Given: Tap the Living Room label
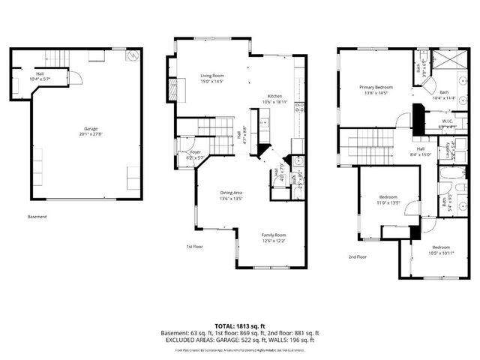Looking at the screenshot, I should click(x=212, y=76).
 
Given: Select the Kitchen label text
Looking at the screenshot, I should click(x=275, y=95).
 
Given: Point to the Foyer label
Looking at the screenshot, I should click(x=195, y=152).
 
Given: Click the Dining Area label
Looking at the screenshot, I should click(x=231, y=193).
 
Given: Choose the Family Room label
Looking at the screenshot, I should click(x=273, y=235).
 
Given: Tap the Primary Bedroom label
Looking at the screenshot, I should click(x=376, y=88).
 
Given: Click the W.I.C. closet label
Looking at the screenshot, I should click(x=447, y=121).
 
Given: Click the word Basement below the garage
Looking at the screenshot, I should click(x=37, y=217).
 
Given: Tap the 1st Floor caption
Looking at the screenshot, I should click(x=195, y=246).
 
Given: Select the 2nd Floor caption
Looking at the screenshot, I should click(x=357, y=256).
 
